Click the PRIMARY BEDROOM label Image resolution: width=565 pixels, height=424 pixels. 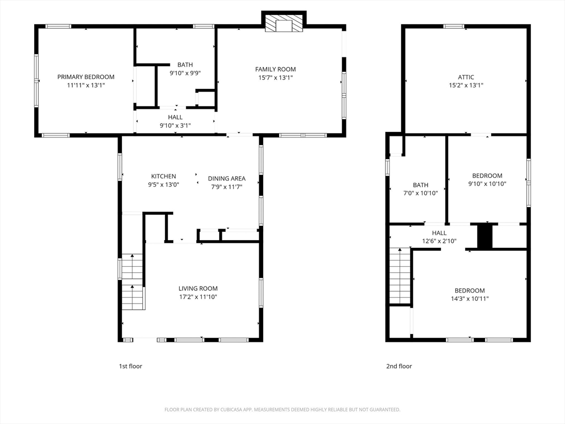click(x=86, y=77)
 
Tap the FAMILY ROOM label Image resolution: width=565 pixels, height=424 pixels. click(x=275, y=69)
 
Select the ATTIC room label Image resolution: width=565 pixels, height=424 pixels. click(x=466, y=77)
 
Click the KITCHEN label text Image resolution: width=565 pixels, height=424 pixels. click(x=163, y=176)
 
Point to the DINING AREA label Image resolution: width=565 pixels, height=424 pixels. click(x=227, y=178)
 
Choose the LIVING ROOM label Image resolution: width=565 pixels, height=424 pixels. click(x=198, y=288)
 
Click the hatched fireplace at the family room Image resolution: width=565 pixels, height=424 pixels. click(x=284, y=23)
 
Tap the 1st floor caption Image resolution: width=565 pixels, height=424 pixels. click(x=130, y=367)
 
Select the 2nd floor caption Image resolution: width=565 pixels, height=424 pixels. click(x=399, y=367)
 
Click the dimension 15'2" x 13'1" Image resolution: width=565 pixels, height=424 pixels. click(x=466, y=86)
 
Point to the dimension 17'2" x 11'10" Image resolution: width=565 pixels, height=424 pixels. click(x=198, y=297)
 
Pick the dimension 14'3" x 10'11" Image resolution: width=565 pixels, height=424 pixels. click(x=470, y=299)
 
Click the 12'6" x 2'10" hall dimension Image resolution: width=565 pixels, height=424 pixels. click(x=439, y=241)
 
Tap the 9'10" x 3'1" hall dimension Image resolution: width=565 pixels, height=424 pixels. click(x=175, y=125)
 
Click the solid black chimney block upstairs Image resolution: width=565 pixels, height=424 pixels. click(x=485, y=236)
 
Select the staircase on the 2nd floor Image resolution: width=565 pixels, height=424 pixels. click(x=401, y=276)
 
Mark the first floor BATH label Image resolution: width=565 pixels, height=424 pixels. click(x=185, y=65)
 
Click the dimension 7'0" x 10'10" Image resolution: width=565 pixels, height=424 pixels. click(x=420, y=193)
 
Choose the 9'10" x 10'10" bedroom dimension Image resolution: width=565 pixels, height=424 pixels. click(x=487, y=184)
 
